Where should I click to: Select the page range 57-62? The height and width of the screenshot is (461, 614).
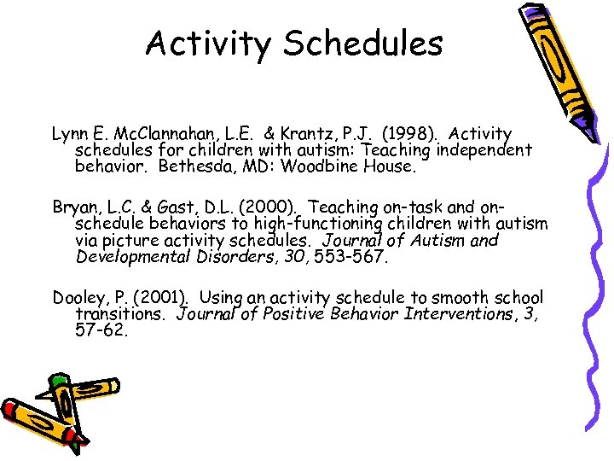pos(101,330)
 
